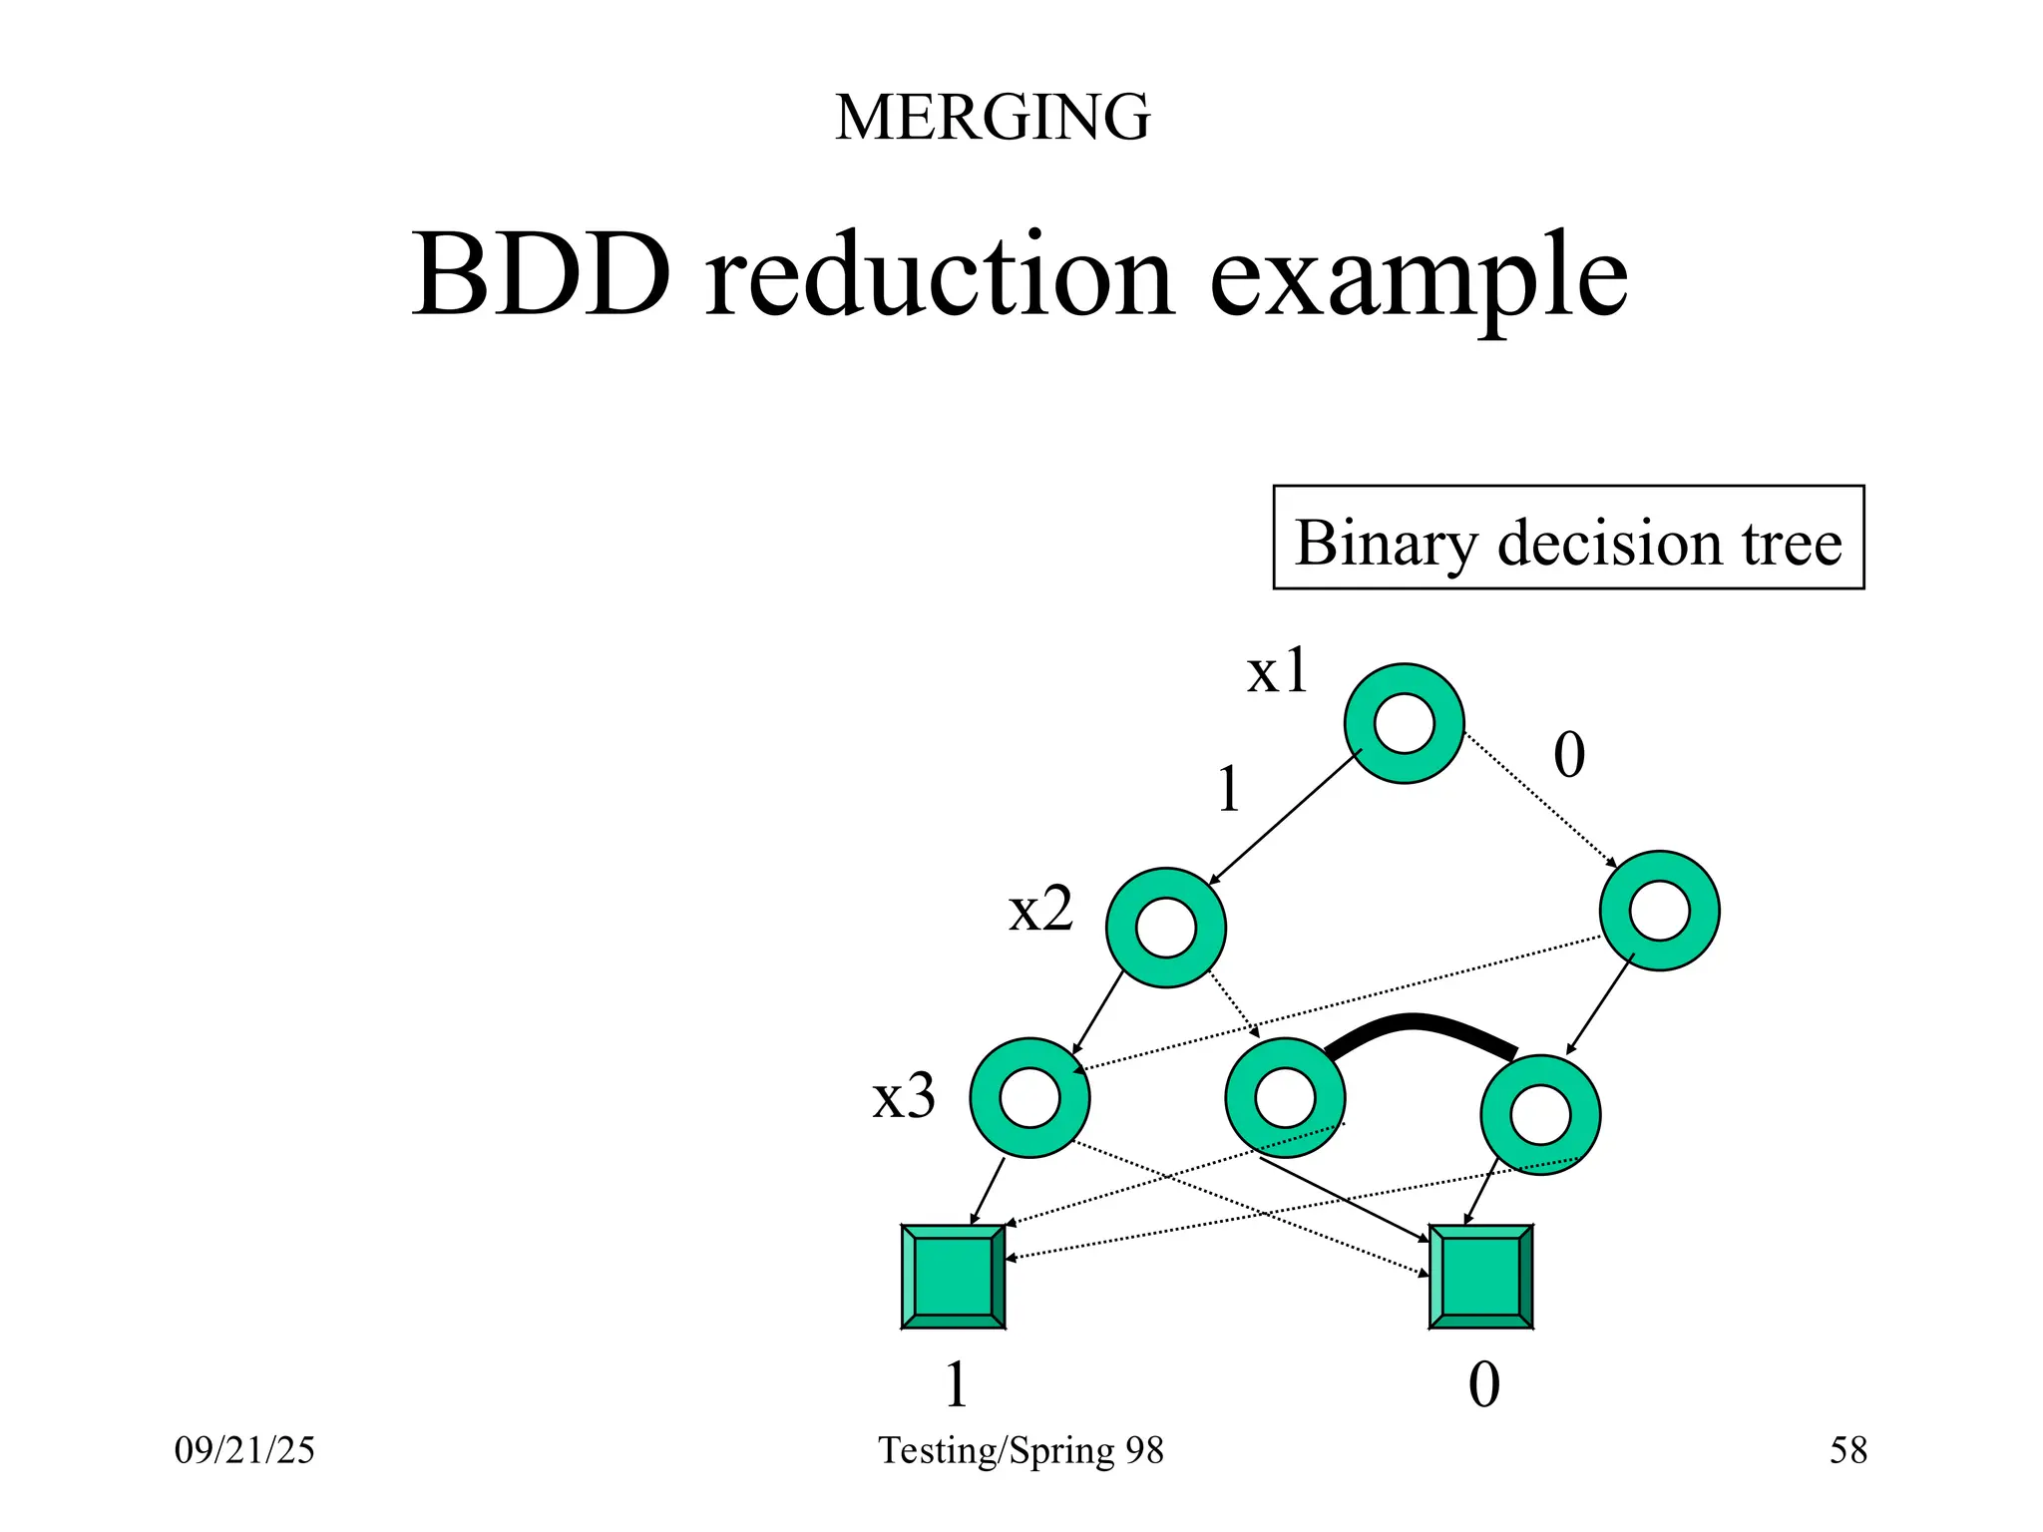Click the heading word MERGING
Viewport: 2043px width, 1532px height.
coord(993,118)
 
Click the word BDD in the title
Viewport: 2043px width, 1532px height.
coord(542,274)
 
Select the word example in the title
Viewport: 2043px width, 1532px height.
coord(1419,279)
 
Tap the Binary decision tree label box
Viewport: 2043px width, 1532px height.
coord(1568,539)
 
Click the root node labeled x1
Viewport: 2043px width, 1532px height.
coord(1404,723)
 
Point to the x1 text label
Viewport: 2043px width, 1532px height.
coord(1277,671)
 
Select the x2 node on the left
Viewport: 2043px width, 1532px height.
coord(1165,928)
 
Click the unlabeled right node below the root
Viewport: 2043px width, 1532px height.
coord(1659,911)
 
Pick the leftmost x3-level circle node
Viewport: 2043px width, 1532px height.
coord(1029,1097)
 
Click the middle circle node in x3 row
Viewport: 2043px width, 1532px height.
coord(1285,1097)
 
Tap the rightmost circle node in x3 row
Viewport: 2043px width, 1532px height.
coord(1540,1115)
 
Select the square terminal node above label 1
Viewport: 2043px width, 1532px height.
coord(953,1277)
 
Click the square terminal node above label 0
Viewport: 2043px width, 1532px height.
coord(1480,1277)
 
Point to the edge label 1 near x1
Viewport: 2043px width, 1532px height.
coord(1229,790)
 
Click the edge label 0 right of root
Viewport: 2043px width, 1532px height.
coord(1568,755)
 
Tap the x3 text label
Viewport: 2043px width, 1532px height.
coord(904,1096)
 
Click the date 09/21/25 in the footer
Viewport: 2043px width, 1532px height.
coord(244,1450)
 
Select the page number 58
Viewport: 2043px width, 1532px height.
coord(1847,1450)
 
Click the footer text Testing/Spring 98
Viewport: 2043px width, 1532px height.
coord(1021,1450)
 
